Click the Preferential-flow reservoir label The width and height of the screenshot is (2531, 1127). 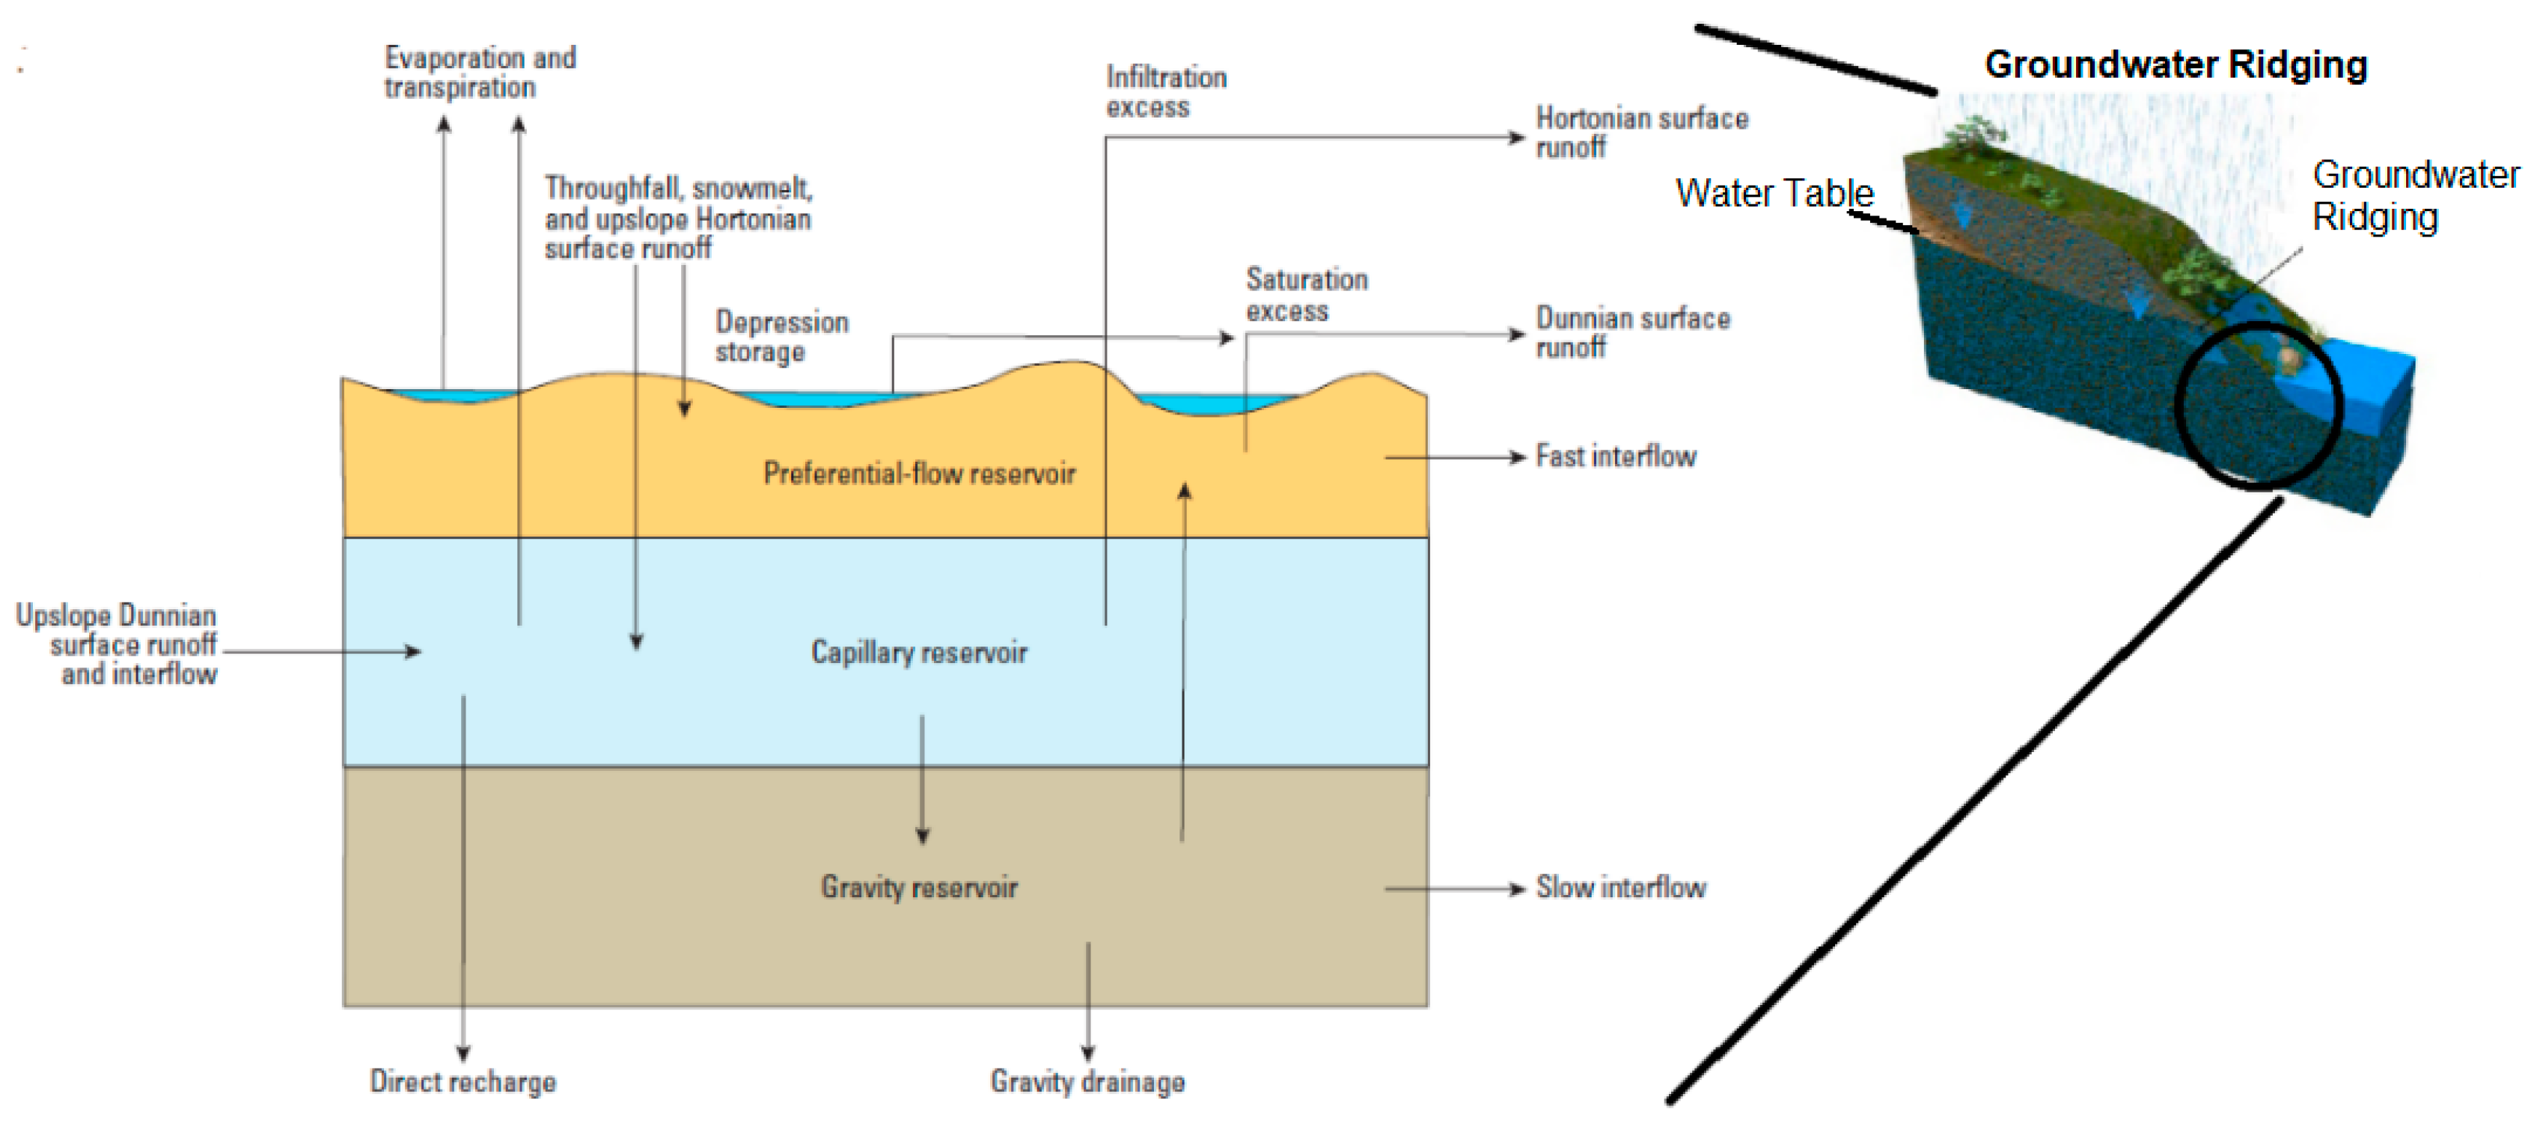coord(919,474)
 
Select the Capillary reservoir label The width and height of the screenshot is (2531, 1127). coord(919,653)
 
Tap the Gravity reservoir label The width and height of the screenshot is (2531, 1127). coord(919,888)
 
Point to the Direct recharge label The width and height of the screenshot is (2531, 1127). coord(462,1082)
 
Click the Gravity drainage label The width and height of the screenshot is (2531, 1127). coord(1087,1082)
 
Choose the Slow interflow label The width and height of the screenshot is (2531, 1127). coord(1621,888)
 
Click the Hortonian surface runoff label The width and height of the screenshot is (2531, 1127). coord(1642,132)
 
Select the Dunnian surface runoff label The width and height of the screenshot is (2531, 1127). coord(1633,332)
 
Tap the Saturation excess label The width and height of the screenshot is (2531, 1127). coord(1307,295)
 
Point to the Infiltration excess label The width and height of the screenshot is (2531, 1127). coord(1166,91)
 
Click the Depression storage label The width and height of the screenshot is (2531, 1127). coord(781,336)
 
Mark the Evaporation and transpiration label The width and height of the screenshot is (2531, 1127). coord(480,73)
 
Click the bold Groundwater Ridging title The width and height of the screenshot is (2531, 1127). coord(2176,65)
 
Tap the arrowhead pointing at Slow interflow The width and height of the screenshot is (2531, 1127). coord(1517,889)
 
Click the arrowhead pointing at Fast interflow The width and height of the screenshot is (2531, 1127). coord(1517,458)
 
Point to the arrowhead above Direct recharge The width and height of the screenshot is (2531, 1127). coord(462,1054)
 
